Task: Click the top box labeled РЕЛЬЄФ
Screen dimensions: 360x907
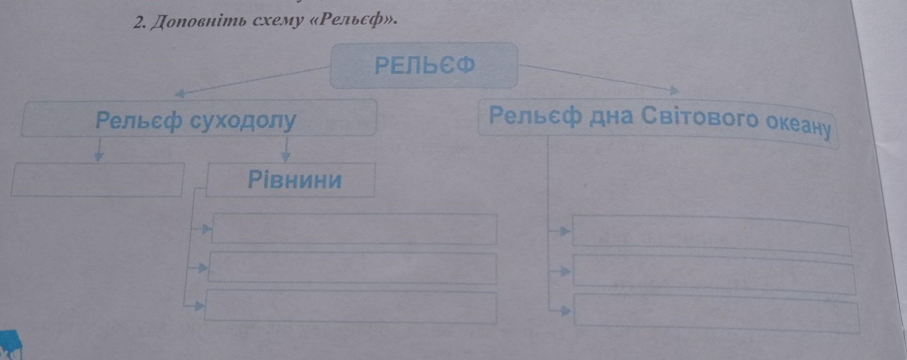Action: (423, 65)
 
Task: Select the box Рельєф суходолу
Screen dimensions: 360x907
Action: (199, 119)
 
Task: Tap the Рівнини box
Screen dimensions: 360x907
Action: (291, 180)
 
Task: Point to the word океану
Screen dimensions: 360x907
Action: (798, 127)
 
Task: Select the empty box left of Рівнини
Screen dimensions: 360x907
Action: (97, 180)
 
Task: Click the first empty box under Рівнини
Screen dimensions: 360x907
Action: (354, 229)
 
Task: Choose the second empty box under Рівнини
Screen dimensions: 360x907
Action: (352, 268)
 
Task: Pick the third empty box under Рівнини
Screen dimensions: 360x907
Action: (350, 306)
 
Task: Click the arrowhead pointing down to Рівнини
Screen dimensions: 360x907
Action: (286, 156)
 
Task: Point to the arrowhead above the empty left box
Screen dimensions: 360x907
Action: (99, 157)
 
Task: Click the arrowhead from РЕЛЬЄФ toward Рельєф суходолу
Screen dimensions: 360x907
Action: (180, 93)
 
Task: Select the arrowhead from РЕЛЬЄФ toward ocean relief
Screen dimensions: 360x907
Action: (673, 90)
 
